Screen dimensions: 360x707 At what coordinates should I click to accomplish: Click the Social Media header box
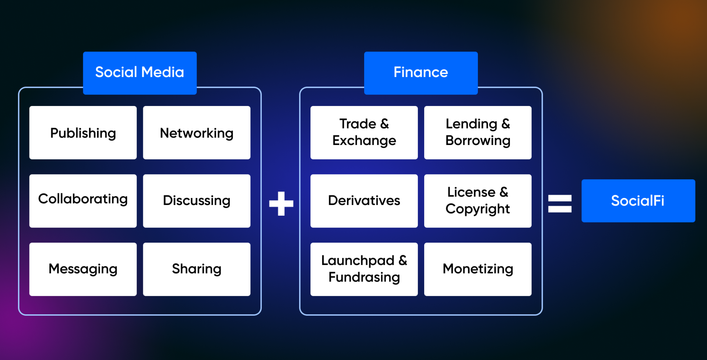[x=140, y=73]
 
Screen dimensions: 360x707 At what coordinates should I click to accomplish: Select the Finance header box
[x=421, y=73]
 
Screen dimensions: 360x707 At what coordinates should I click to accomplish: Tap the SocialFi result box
[x=638, y=201]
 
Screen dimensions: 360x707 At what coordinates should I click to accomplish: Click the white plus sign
[x=281, y=203]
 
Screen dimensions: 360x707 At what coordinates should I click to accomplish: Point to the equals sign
[x=560, y=204]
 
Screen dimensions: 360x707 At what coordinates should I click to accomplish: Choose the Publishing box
[x=83, y=133]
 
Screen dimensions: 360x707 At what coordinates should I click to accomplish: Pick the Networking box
[x=197, y=133]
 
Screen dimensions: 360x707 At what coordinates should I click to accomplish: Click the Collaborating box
[x=83, y=201]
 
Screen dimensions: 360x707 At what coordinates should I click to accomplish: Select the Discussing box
[x=197, y=201]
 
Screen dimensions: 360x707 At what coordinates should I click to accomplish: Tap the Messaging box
[x=83, y=269]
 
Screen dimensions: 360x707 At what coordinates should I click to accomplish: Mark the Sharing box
[x=197, y=269]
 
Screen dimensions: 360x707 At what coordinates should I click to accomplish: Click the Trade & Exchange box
[x=364, y=133]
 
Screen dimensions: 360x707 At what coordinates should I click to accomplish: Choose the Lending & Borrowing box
[x=478, y=133]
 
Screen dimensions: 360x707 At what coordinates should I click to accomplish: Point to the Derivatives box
[x=364, y=201]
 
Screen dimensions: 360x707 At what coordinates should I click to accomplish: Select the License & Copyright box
[x=478, y=201]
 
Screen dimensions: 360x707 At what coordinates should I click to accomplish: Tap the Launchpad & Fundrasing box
[x=364, y=269]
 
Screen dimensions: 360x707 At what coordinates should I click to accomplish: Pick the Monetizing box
[x=478, y=269]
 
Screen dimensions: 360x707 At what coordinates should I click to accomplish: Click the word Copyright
[x=478, y=209]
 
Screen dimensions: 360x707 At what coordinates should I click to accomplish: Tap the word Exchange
[x=364, y=141]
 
